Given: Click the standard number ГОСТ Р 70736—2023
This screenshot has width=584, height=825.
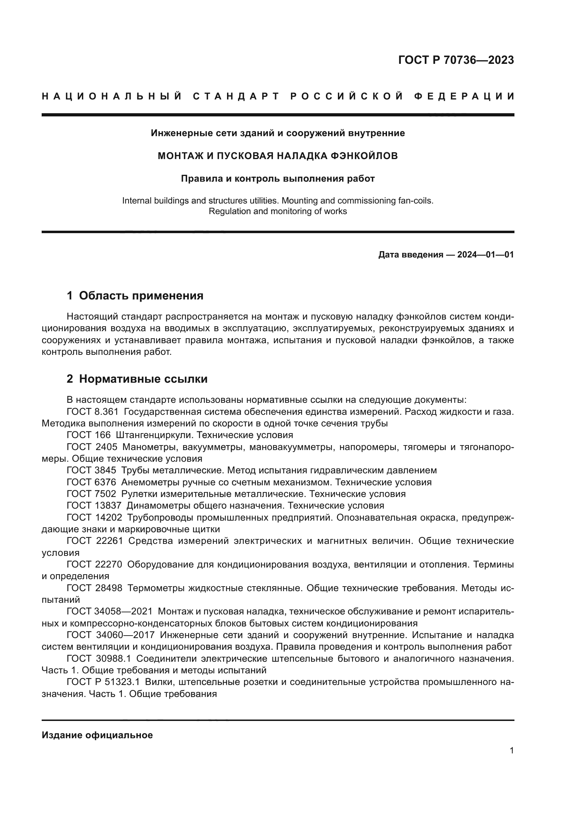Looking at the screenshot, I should click(x=455, y=60).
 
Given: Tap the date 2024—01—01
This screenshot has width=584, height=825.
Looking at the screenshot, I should click(x=485, y=255).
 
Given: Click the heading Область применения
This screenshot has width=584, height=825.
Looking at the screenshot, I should click(x=141, y=296).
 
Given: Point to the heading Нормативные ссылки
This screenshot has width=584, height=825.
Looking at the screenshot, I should click(x=143, y=379).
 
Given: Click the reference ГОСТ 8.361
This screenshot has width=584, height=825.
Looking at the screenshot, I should click(x=93, y=412).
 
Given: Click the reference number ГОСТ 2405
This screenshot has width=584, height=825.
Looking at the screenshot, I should click(x=92, y=447).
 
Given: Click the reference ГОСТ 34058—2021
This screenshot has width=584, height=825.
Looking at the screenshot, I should click(x=110, y=611).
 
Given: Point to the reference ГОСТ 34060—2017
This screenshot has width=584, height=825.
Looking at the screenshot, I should click(x=111, y=635).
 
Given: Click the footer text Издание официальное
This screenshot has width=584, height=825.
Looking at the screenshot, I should click(x=97, y=735).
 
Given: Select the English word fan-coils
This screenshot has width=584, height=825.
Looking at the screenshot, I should click(x=415, y=200).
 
